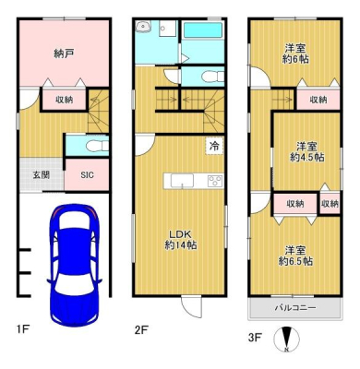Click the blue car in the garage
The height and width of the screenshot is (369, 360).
click(75, 266)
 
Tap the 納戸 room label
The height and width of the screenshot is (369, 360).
click(64, 54)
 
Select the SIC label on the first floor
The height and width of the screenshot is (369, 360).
click(87, 175)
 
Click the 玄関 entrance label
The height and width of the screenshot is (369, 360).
click(42, 175)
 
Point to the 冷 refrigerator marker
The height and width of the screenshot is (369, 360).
click(214, 146)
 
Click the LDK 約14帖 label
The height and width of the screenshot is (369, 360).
click(181, 240)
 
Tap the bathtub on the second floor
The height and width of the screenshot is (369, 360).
click(203, 30)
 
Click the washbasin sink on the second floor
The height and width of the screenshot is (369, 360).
click(143, 27)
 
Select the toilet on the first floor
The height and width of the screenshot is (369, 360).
click(98, 146)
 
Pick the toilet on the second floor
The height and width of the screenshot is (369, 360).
click(213, 76)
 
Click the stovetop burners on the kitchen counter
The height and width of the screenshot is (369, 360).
click(215, 181)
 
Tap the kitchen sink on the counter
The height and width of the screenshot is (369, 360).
click(182, 181)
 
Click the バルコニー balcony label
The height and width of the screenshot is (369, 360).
click(295, 308)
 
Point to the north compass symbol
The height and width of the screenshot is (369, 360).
click(287, 339)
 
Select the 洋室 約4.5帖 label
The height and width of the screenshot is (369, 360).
click(307, 151)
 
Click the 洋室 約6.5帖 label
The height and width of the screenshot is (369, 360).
click(295, 256)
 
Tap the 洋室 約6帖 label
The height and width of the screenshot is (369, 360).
click(295, 54)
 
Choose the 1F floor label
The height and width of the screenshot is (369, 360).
click(23, 329)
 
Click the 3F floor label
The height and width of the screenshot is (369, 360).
click(255, 338)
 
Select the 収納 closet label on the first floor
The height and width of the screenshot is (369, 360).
click(64, 100)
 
